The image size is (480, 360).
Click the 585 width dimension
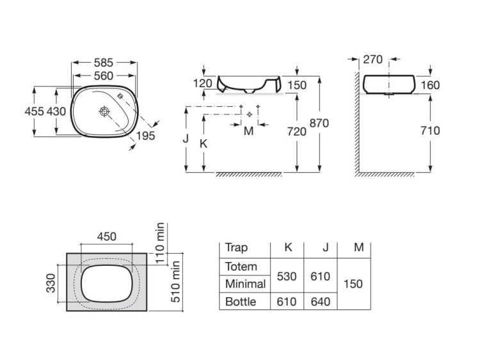(x=104, y=63)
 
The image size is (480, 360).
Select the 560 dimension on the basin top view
(x=104, y=76)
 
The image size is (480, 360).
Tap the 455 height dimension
(x=35, y=111)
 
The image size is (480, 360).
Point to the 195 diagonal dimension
(x=145, y=136)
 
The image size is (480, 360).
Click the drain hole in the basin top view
(x=105, y=111)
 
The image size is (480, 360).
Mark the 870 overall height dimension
(x=319, y=123)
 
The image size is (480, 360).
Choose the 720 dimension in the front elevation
(x=297, y=132)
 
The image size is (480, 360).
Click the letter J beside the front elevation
(x=186, y=138)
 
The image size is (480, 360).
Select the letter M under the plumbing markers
(x=248, y=131)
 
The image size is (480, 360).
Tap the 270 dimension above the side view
(x=373, y=60)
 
